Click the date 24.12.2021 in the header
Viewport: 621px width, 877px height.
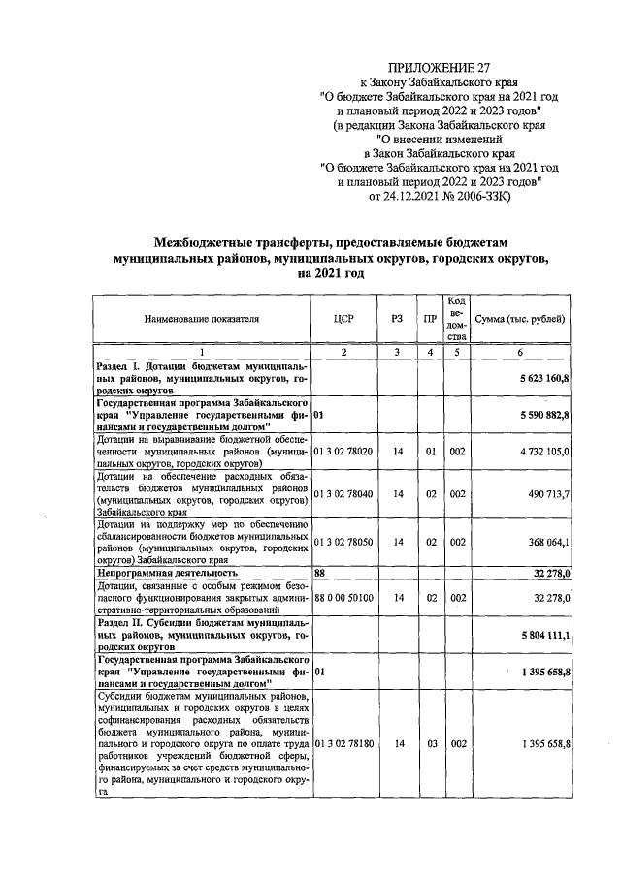(423, 198)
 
